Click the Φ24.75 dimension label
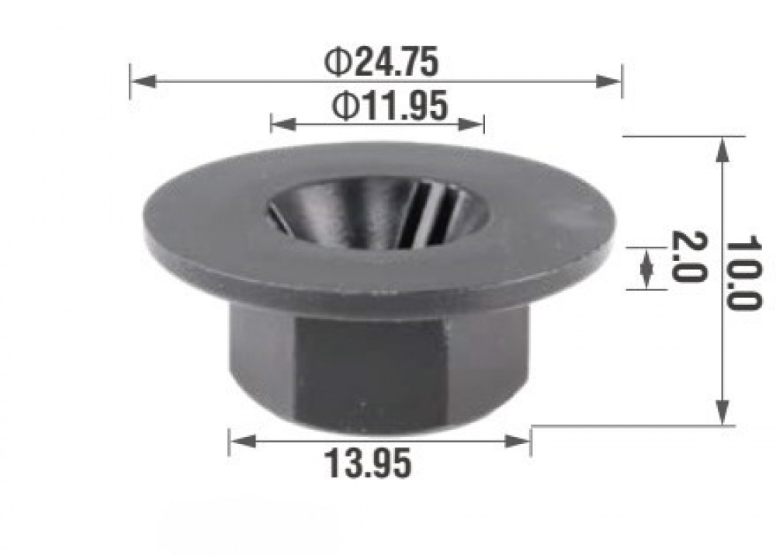coord(381,62)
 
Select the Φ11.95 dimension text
coord(390,106)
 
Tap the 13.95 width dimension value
coord(367,463)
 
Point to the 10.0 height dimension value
coord(743,272)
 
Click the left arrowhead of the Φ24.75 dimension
coord(144,82)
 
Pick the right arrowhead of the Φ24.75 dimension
coord(608,82)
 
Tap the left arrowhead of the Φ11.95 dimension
coord(284,124)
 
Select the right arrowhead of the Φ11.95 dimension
coord(471,124)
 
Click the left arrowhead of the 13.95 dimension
coord(243,441)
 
